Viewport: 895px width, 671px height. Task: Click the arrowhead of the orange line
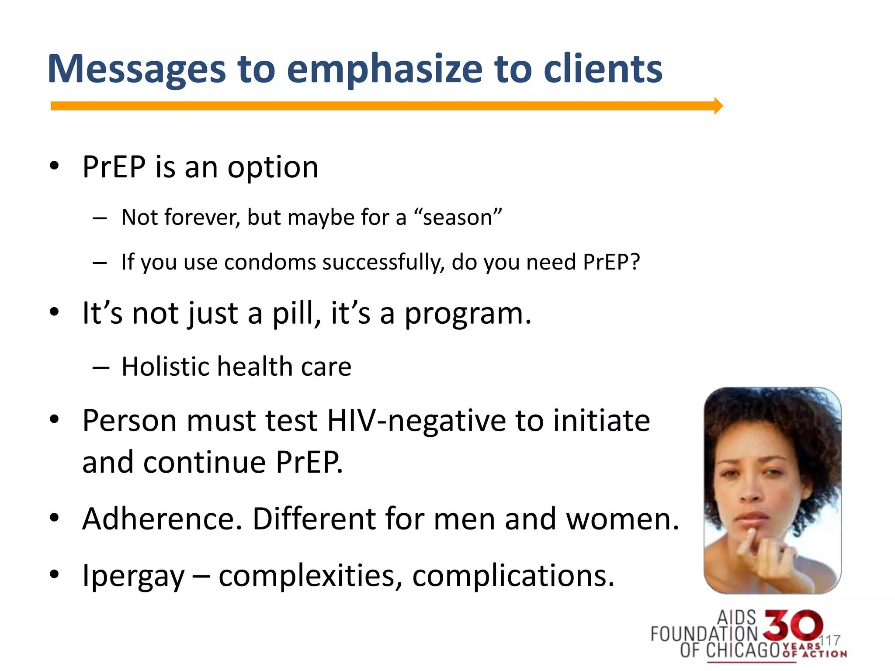718,106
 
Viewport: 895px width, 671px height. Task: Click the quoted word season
458,217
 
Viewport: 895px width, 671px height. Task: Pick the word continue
205,462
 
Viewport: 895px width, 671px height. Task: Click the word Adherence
162,519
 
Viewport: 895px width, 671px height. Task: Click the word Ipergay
133,576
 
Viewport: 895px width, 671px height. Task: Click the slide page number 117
829,640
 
